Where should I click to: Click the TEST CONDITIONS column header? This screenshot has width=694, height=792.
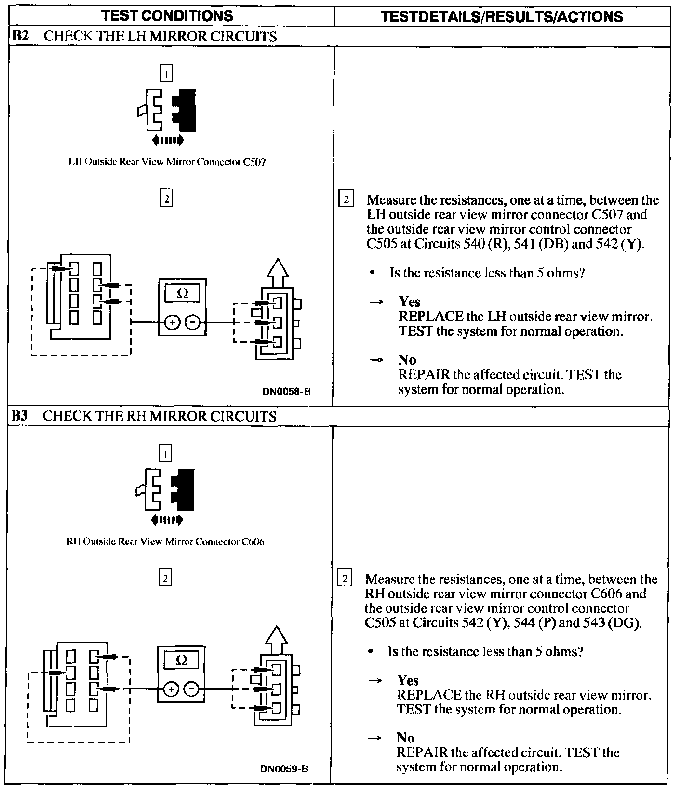click(x=168, y=16)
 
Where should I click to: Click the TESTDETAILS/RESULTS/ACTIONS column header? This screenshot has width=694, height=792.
click(x=501, y=16)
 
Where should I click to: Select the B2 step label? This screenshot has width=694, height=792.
click(x=20, y=37)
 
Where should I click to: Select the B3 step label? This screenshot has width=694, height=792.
click(x=20, y=416)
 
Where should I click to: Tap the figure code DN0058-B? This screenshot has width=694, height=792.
click(x=286, y=392)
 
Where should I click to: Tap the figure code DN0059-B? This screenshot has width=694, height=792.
click(x=284, y=769)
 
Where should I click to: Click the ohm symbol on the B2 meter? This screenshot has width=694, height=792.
click(x=182, y=294)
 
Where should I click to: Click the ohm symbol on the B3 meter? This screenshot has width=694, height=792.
click(x=181, y=660)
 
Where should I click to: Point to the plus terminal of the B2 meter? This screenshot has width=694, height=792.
click(x=172, y=323)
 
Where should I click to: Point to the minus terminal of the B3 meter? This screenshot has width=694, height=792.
click(x=191, y=689)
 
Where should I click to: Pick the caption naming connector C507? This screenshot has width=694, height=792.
click(x=167, y=162)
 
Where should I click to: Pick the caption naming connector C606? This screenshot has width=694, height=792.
click(x=165, y=541)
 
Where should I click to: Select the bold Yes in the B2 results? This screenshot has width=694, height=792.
click(x=409, y=302)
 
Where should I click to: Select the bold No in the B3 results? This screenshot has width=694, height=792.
click(x=405, y=738)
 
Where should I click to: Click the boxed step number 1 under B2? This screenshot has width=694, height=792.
click(x=166, y=74)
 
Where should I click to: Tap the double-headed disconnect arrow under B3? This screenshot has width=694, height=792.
click(x=166, y=520)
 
